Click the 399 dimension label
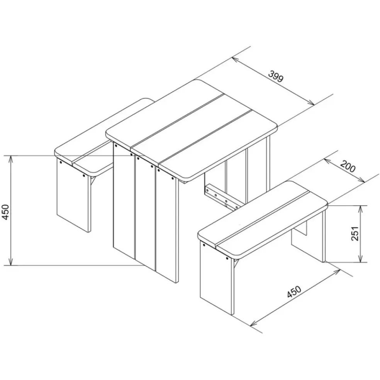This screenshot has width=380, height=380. (x=276, y=76)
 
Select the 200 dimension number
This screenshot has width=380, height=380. (x=348, y=166)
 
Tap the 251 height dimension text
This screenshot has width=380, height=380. (x=355, y=234)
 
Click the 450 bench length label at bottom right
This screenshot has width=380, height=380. (x=294, y=291)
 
